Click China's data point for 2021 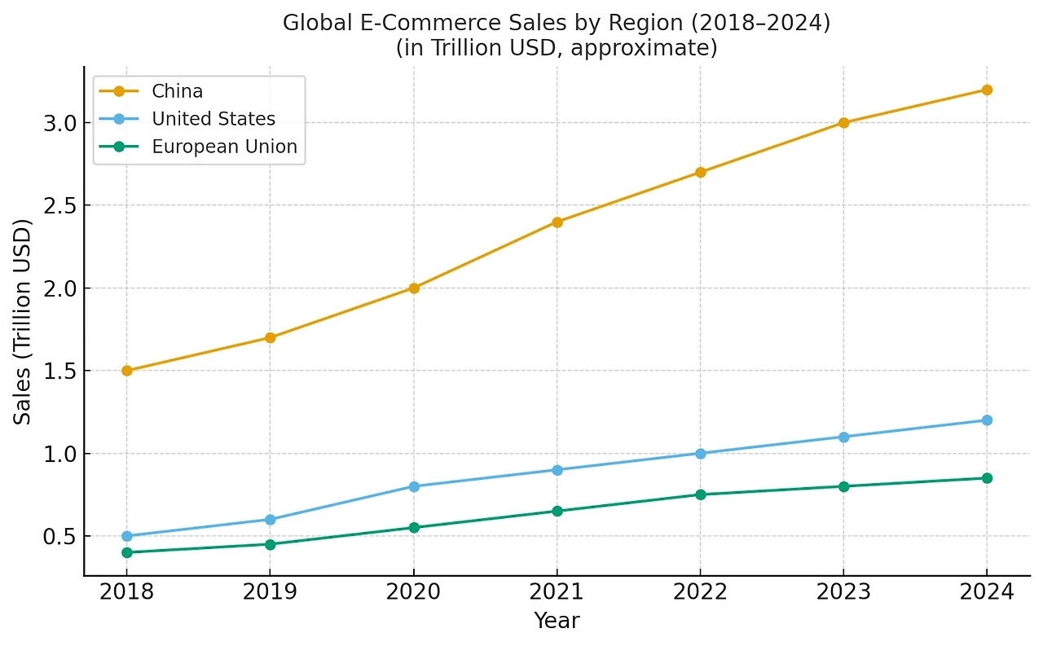coord(557,222)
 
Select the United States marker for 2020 coord(414,486)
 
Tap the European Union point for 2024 coord(987,478)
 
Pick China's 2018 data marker coord(127,371)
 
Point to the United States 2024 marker coord(987,420)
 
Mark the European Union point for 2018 coord(127,552)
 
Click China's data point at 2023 coord(843,123)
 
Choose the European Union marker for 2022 coord(700,494)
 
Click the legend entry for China coord(177,91)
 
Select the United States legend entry coord(213,119)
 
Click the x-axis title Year coord(557,621)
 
